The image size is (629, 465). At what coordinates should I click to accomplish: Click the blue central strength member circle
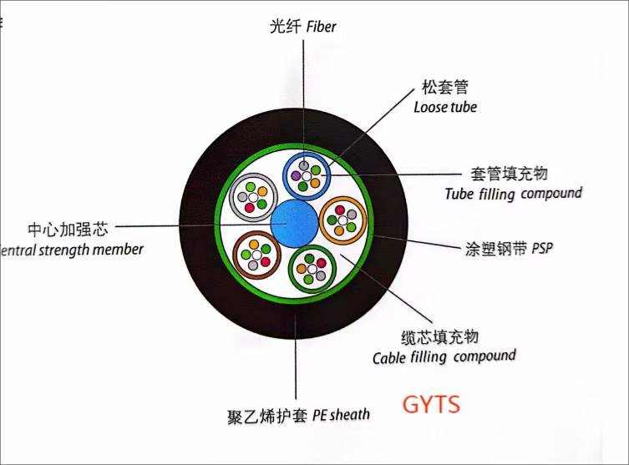[295, 224]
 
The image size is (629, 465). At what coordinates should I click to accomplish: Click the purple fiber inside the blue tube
[296, 176]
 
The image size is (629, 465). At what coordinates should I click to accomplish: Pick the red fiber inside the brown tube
[266, 262]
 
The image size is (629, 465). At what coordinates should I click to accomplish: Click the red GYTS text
[431, 406]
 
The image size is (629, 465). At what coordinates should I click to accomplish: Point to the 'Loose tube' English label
[445, 107]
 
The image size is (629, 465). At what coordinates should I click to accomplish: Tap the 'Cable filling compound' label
[444, 356]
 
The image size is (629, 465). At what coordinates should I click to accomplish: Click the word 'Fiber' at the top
[321, 28]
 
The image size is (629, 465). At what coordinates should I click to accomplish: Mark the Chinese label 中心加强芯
[67, 228]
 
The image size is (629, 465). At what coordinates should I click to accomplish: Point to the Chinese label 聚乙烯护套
[266, 415]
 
